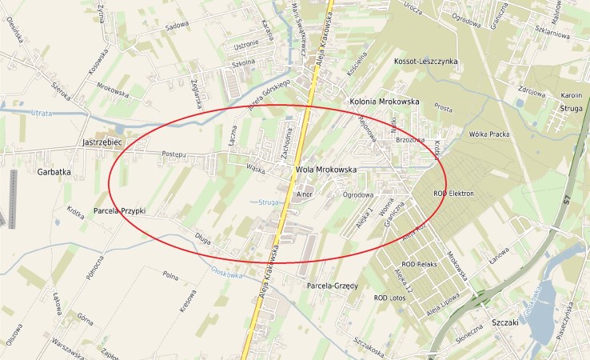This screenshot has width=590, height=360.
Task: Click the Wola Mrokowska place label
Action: [325, 170]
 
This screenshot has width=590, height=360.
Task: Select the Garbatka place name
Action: [54, 171]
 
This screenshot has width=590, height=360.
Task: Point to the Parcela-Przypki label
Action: [119, 211]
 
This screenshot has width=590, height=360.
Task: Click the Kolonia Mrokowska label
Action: [385, 102]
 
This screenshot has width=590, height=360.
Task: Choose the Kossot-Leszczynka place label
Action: [425, 62]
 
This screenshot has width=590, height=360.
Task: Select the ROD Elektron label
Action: [453, 194]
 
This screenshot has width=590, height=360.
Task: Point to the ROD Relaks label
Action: [420, 264]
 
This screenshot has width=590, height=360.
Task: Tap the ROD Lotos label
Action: [392, 298]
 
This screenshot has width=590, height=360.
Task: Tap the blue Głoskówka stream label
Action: [226, 273]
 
